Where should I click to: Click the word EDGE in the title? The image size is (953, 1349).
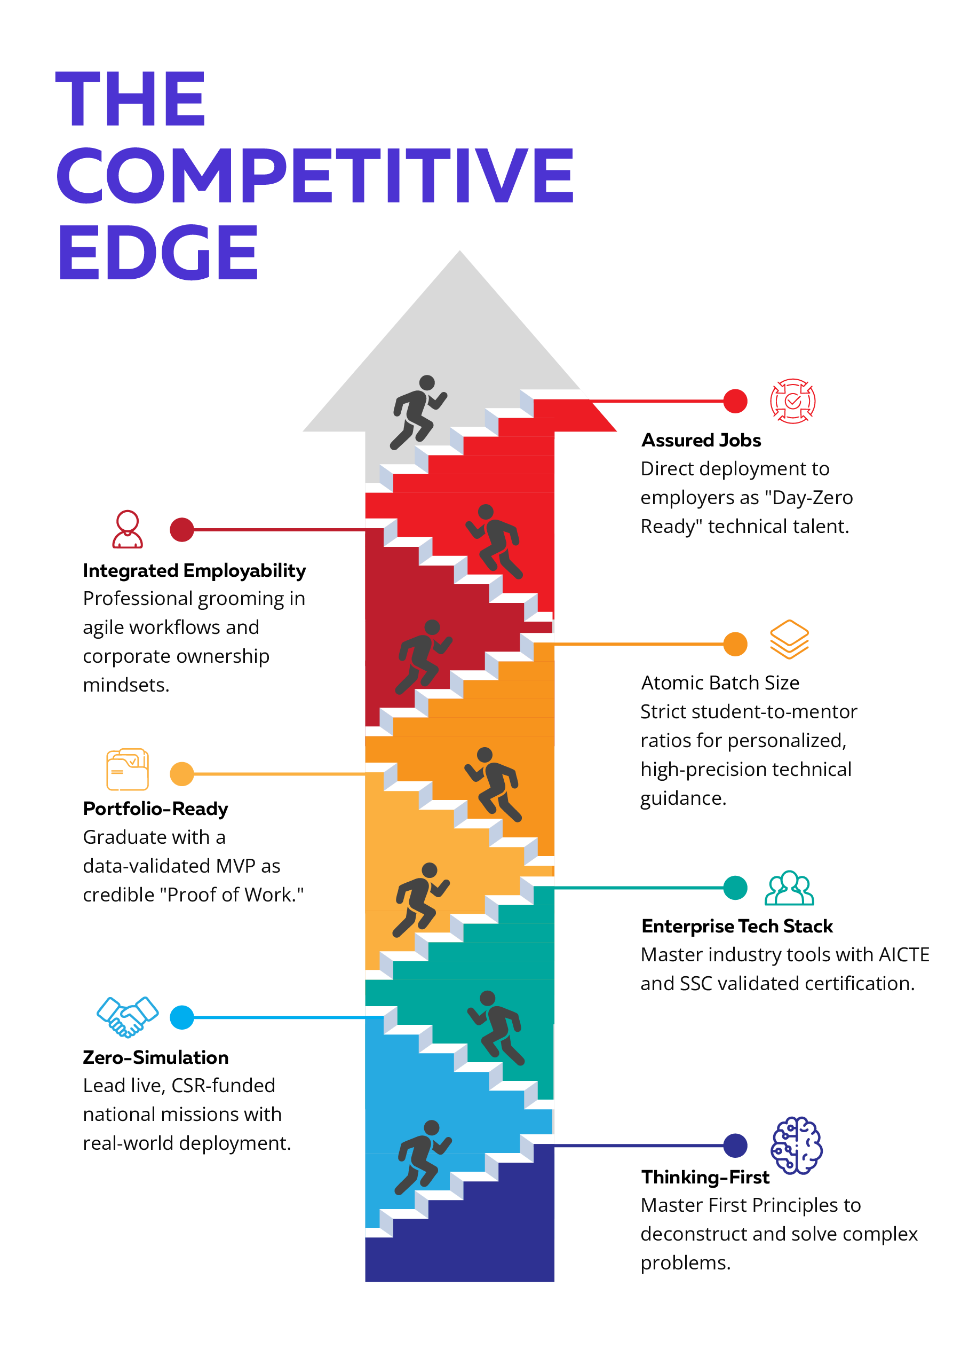pos(158,253)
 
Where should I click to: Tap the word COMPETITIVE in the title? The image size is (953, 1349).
pos(315,175)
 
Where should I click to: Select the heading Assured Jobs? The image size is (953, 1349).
pos(701,440)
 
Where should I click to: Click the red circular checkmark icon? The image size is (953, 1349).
pos(793,401)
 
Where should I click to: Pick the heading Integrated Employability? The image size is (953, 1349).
pos(194,570)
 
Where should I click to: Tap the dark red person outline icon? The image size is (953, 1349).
pos(128,529)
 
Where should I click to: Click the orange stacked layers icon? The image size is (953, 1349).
pos(790,639)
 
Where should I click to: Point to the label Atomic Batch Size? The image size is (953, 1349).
pos(720,683)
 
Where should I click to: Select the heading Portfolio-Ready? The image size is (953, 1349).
pos(156,809)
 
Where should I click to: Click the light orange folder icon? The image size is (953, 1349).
pos(128,769)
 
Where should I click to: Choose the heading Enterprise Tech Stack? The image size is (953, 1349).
pos(737,926)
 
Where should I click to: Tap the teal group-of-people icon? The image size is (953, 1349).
pos(790,888)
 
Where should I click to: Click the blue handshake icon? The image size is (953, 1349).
pos(128,1017)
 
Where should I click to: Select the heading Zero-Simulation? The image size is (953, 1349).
pos(156,1057)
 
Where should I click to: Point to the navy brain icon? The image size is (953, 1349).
pos(796,1146)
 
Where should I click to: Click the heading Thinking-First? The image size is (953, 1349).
pos(705,1178)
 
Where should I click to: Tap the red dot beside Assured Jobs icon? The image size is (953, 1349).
pos(735,401)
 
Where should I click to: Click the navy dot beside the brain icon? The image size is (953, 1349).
pos(735,1145)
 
